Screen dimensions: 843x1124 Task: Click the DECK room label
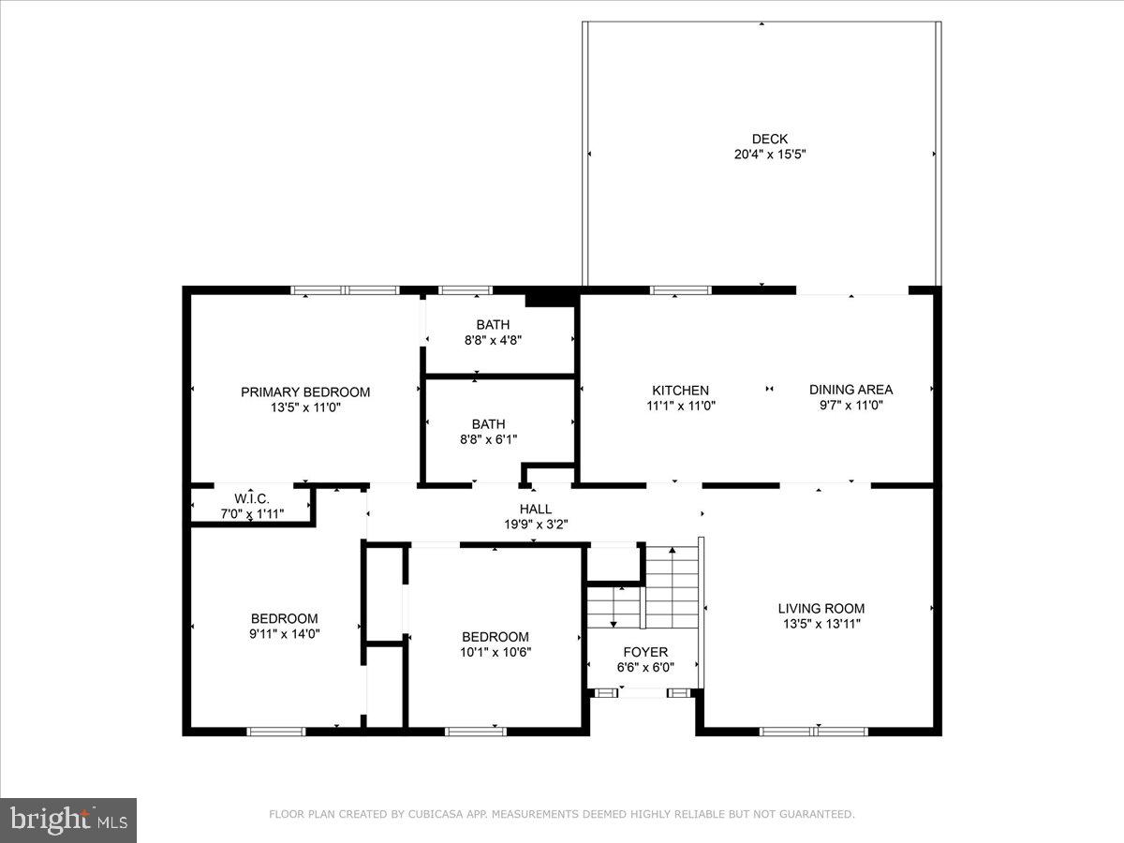769,139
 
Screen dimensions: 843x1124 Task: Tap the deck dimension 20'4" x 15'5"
769,155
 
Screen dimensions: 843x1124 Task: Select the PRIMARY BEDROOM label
305,392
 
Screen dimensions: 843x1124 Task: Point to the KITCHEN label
681,390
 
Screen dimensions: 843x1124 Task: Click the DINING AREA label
850,390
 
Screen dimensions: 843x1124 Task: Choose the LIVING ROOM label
823,608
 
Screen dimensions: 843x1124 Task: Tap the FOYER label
645,652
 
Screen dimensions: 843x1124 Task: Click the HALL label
536,509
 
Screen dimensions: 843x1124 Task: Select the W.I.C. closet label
252,499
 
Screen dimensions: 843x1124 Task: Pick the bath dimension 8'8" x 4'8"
492,340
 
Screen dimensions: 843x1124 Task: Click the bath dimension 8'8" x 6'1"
488,439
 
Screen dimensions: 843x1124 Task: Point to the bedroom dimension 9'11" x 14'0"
284,633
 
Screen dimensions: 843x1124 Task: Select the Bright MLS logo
68,820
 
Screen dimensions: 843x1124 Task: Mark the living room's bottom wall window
814,731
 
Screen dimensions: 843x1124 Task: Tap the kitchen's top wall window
681,290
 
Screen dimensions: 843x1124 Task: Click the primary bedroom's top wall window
346,290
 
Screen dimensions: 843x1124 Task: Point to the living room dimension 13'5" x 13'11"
822,624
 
